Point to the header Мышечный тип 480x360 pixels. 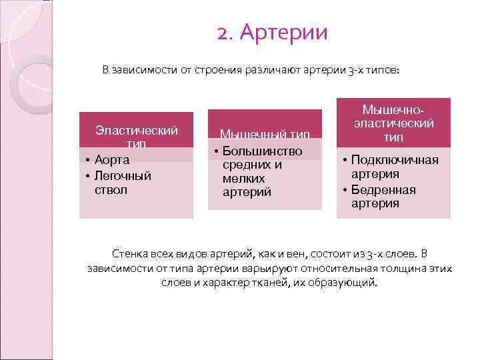click(x=265, y=134)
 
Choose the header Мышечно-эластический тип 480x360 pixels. click(x=393, y=123)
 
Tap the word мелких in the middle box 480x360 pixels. click(x=243, y=179)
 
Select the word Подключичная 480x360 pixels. click(x=395, y=160)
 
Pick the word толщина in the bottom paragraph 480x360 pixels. click(x=406, y=268)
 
